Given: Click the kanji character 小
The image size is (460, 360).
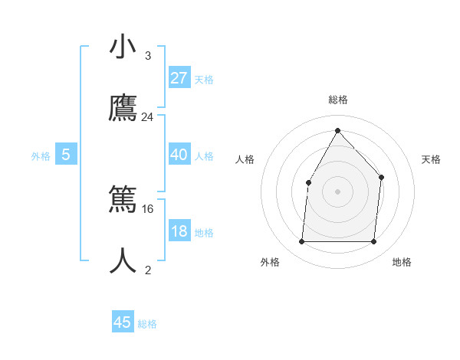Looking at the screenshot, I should (x=123, y=47).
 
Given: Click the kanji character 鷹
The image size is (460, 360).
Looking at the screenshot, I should (x=123, y=109).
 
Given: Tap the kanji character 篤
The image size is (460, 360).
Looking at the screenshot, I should (x=123, y=201).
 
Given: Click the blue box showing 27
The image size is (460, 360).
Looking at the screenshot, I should (x=179, y=77).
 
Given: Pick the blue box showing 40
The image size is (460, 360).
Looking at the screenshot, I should (x=179, y=155).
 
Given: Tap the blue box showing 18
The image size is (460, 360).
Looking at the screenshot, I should (x=179, y=231).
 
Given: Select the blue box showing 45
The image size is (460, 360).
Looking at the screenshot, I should (x=123, y=322).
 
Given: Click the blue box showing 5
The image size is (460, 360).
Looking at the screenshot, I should (x=66, y=155).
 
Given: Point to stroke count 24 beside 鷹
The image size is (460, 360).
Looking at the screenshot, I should (x=148, y=117).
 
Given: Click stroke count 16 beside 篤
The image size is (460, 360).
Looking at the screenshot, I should (x=148, y=208).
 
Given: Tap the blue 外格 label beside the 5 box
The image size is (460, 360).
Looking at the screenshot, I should (x=41, y=156).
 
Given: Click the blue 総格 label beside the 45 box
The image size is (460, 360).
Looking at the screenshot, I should (x=147, y=324).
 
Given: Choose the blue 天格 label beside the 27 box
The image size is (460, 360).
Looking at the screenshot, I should (x=204, y=79).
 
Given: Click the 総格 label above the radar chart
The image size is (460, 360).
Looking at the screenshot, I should (x=338, y=100).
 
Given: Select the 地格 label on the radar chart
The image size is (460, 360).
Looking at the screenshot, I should (x=402, y=262).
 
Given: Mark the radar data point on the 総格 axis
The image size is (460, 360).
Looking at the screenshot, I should (x=337, y=130).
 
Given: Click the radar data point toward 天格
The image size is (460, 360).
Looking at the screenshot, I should (x=382, y=178).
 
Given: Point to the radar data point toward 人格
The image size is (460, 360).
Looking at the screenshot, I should (x=309, y=182).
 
